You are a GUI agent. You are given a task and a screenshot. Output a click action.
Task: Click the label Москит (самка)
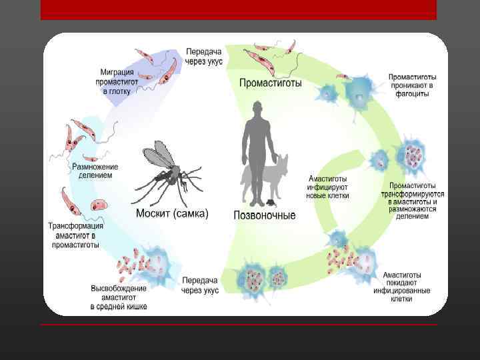[172, 213]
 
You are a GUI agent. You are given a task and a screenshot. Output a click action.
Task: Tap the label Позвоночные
[265, 215]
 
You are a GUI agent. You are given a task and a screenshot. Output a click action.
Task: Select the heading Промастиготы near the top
[270, 83]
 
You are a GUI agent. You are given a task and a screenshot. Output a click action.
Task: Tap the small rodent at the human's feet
[269, 202]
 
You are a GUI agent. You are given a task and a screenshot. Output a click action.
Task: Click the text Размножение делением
[95, 171]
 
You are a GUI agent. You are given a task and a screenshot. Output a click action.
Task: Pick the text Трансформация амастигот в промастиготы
[75, 235]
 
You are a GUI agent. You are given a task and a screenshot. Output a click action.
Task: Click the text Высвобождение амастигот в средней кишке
[119, 297]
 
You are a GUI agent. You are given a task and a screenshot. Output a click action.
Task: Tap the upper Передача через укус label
[204, 57]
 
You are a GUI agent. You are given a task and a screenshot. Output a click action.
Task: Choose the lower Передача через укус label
[200, 285]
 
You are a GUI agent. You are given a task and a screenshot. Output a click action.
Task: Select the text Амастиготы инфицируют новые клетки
[327, 187]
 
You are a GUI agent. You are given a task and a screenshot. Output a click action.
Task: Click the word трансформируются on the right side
[413, 193]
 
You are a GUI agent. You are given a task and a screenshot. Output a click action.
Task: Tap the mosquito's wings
[158, 155]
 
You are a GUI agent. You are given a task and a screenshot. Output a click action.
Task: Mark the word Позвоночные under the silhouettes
[265, 215]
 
